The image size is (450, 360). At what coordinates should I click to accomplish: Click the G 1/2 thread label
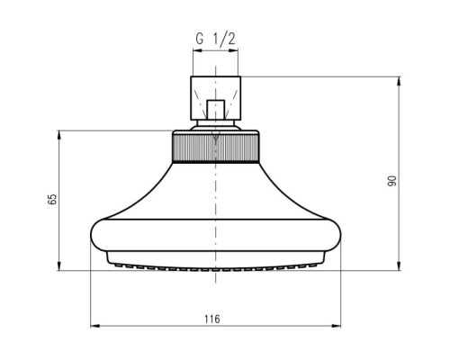(215, 39)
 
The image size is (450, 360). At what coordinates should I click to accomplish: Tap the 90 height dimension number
(391, 181)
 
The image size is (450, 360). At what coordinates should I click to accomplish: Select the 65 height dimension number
(52, 199)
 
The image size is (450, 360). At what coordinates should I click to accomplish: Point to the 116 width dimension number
(212, 319)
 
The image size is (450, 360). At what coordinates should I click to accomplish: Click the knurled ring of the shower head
(215, 148)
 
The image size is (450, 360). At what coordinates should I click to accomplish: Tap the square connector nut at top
(215, 98)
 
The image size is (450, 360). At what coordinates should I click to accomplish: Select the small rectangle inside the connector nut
(215, 110)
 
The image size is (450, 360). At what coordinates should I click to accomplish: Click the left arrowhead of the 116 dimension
(94, 326)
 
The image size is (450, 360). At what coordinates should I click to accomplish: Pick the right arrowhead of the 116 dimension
(337, 326)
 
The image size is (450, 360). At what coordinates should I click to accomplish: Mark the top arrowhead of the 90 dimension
(399, 81)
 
